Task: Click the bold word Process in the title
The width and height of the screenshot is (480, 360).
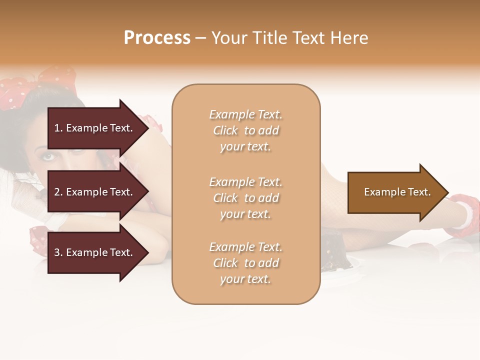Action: pos(157,38)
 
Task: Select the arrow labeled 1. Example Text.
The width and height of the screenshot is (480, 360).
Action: pos(95,128)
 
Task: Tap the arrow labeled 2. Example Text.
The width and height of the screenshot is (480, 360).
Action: pos(95,192)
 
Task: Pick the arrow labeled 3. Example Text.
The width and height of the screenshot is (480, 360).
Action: pos(95,252)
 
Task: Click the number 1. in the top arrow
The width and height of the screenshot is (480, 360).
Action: pos(58,128)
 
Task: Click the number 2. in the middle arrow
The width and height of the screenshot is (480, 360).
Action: pos(58,192)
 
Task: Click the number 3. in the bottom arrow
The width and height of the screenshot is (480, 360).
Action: pos(58,252)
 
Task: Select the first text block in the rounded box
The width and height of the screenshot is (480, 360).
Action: pos(245,130)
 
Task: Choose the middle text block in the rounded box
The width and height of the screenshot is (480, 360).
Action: pos(245,198)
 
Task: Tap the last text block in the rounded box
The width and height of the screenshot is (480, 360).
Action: pos(245,263)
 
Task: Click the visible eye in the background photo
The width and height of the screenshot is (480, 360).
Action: pos(47,156)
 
